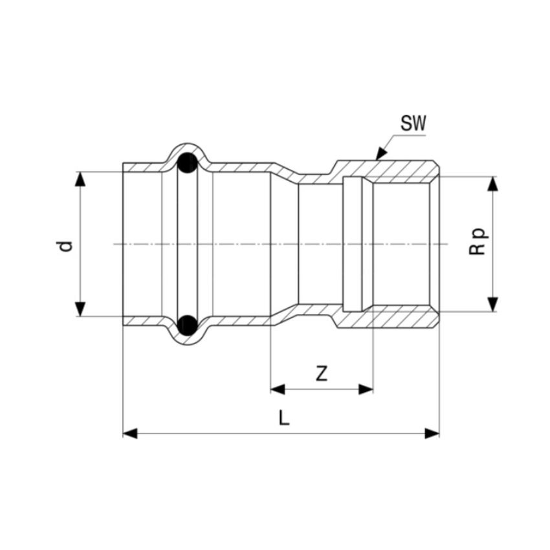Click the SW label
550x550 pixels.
pyautogui.click(x=413, y=123)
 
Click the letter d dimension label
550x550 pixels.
pyautogui.click(x=65, y=247)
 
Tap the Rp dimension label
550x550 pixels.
pyautogui.click(x=478, y=242)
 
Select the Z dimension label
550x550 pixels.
pyautogui.click(x=322, y=373)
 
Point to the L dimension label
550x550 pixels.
pyautogui.click(x=284, y=418)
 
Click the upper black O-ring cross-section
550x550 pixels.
pyautogui.click(x=187, y=164)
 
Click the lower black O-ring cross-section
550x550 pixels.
pyautogui.click(x=187, y=325)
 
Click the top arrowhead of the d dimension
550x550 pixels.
pyautogui.click(x=81, y=179)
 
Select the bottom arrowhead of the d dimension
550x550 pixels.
pyautogui.click(x=81, y=309)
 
